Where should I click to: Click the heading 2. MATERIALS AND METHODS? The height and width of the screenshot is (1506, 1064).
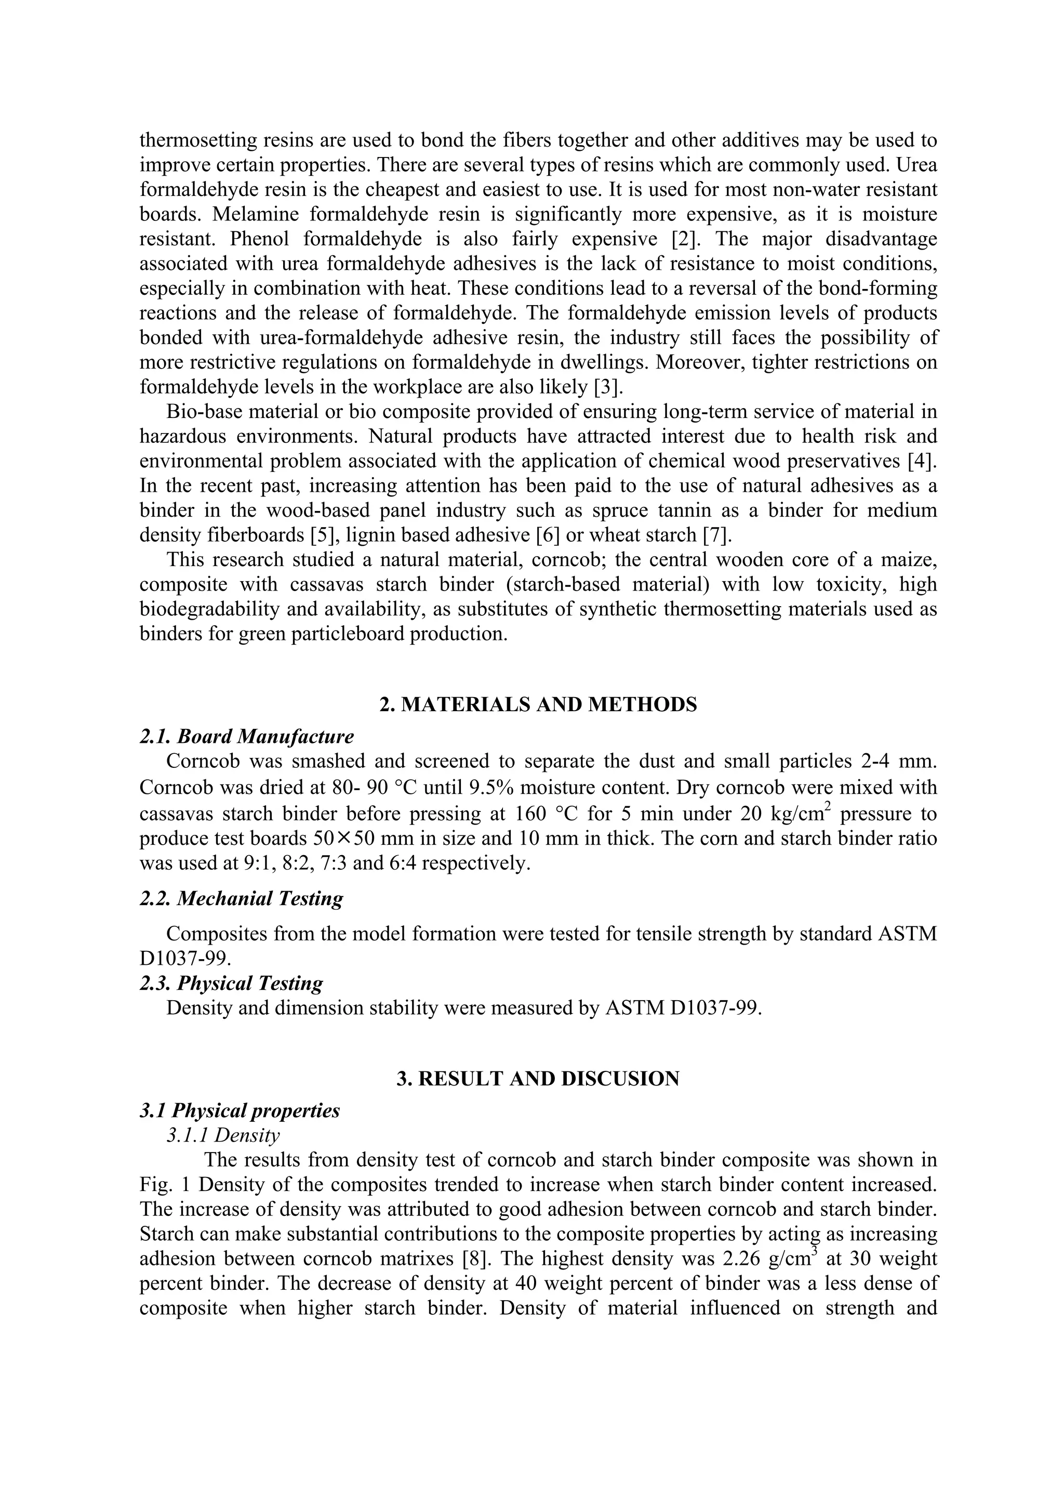tap(538, 704)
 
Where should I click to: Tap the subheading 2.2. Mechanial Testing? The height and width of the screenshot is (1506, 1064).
tap(241, 898)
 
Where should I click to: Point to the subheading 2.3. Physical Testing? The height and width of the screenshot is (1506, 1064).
tap(231, 983)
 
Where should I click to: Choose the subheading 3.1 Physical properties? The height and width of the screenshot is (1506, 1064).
tap(240, 1110)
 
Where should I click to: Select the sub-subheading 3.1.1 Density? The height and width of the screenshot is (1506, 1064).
tap(223, 1135)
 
